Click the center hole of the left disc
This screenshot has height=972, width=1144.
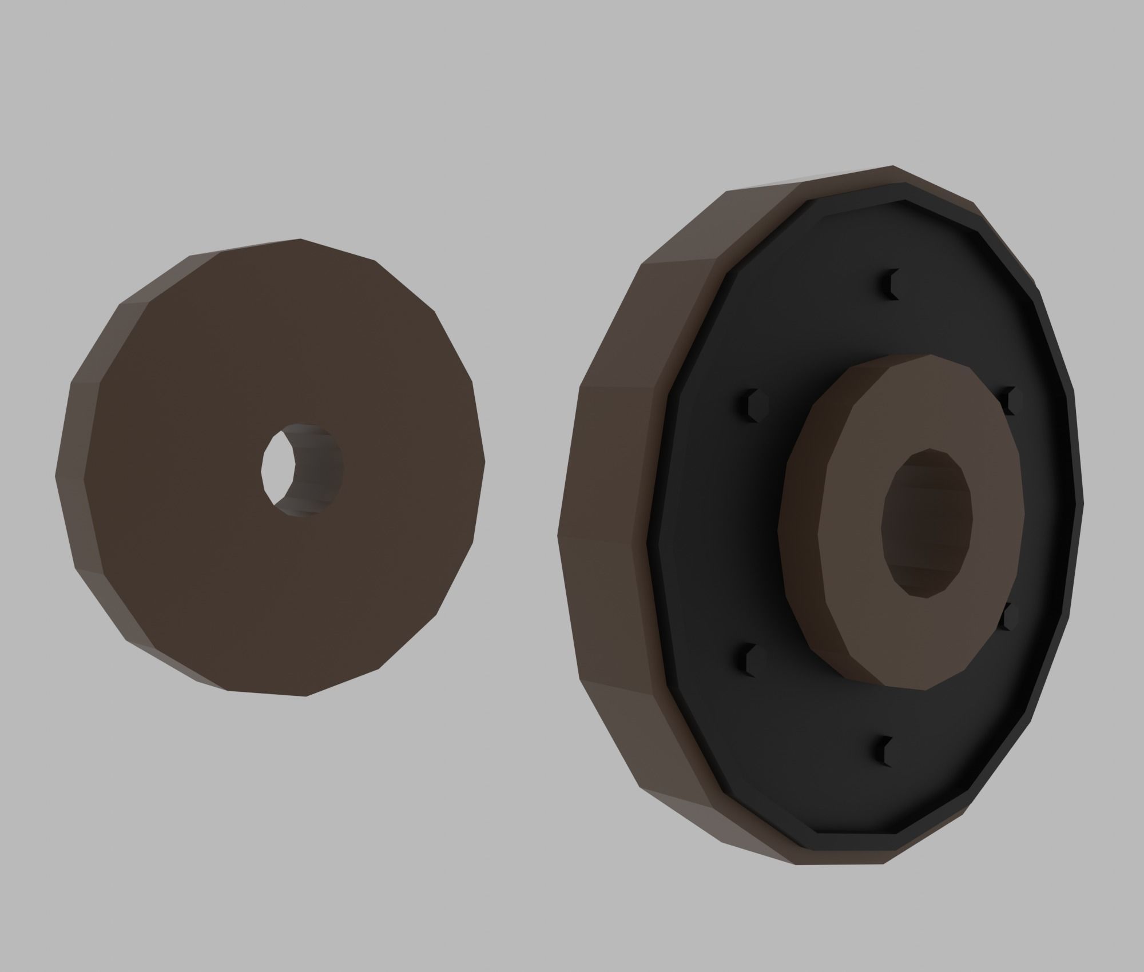click(302, 470)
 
